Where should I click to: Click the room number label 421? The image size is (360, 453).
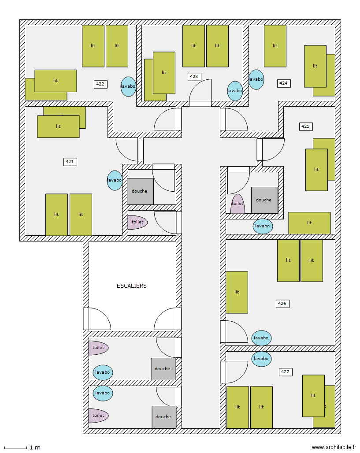click(70, 162)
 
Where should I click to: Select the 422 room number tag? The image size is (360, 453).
click(100, 84)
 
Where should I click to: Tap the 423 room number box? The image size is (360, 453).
click(194, 76)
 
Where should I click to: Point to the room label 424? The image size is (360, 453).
click(284, 83)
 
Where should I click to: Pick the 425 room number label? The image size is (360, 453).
click(305, 126)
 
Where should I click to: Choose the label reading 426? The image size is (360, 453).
click(282, 304)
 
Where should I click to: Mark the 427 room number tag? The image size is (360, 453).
click(285, 372)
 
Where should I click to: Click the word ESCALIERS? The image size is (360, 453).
click(131, 286)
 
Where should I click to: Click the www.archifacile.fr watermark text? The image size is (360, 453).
click(334, 447)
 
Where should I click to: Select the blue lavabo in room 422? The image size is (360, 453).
click(128, 86)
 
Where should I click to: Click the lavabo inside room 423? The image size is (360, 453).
click(235, 91)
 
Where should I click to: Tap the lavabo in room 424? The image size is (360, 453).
click(256, 79)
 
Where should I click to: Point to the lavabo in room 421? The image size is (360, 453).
click(115, 180)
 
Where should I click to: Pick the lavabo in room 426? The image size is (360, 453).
click(261, 338)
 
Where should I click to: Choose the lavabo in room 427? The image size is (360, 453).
click(261, 359)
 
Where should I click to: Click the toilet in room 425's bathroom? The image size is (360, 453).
click(238, 204)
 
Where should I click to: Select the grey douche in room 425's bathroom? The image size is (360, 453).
click(264, 200)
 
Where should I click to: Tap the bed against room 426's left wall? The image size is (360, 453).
click(237, 292)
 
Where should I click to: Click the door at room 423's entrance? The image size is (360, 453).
click(200, 93)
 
